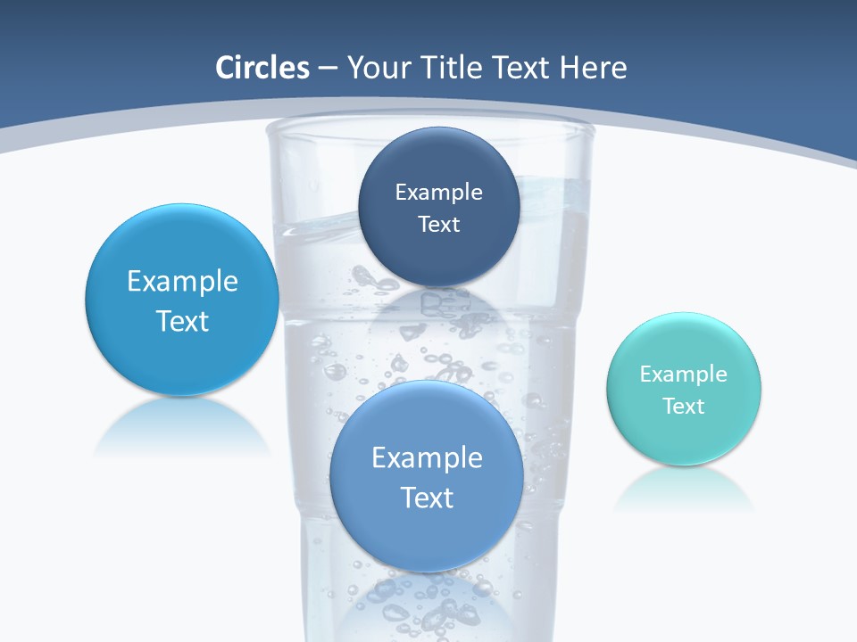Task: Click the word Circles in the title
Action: pos(262,68)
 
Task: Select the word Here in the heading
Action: pos(593,68)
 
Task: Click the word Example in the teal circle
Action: pos(684,374)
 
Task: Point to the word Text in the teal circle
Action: pos(684,407)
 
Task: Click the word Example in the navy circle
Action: pos(438,193)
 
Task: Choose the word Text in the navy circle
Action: pos(438,225)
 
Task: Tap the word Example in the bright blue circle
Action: pos(182,282)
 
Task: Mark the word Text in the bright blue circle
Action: pos(182,321)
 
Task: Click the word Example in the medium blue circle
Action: pos(427,458)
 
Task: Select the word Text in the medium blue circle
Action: pos(427,498)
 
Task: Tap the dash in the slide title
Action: pos(327,69)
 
